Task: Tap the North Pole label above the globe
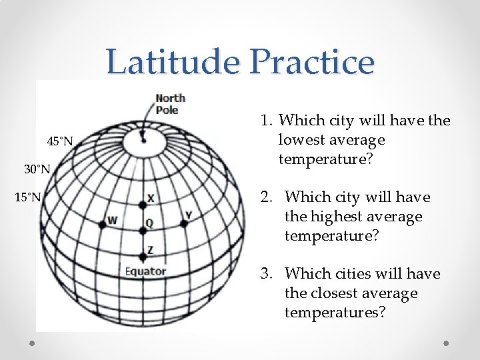click(x=170, y=104)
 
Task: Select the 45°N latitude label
click(x=59, y=141)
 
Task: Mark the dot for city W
click(x=102, y=225)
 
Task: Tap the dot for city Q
click(x=143, y=231)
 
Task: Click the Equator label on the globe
click(x=145, y=271)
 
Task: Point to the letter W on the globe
click(x=112, y=220)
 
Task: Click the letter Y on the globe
click(x=189, y=215)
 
